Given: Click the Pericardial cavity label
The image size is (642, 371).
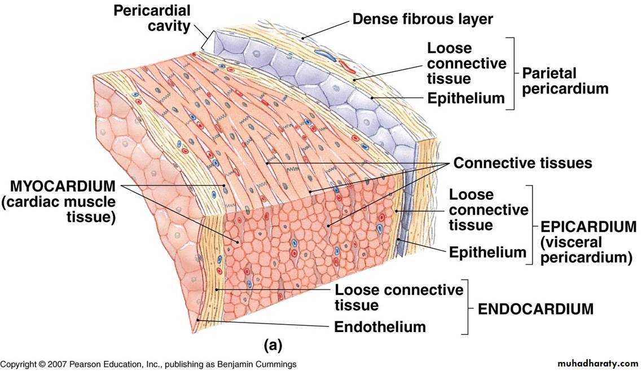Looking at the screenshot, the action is [x=152, y=19].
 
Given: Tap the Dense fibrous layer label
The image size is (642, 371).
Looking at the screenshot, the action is [x=423, y=19].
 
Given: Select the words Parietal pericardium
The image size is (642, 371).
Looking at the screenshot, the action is [x=565, y=81].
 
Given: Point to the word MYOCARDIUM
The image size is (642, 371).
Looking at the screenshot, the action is [x=63, y=186].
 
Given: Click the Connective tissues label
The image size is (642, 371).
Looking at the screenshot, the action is [x=522, y=163].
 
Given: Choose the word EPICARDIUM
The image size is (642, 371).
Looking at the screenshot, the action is [x=588, y=227].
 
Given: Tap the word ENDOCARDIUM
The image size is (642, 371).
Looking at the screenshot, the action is [x=535, y=309].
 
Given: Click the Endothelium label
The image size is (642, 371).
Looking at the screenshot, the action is [x=380, y=327].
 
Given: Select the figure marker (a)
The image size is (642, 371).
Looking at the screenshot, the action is [x=273, y=345].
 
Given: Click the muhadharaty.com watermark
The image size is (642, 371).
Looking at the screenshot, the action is [x=598, y=363].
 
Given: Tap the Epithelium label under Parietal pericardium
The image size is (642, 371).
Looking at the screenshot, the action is [x=466, y=99].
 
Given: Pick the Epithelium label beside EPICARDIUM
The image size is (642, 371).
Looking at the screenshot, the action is [x=487, y=253].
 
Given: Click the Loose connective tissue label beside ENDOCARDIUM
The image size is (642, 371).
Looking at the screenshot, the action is [x=399, y=297].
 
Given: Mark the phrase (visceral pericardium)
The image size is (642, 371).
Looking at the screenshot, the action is [x=586, y=250].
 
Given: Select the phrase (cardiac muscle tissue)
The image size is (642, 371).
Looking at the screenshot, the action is [x=59, y=209].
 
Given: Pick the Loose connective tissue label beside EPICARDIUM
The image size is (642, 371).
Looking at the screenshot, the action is [x=489, y=210].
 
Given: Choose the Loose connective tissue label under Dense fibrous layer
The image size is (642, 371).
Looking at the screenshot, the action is [x=467, y=63].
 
